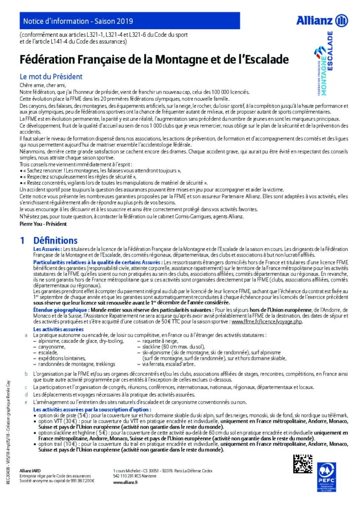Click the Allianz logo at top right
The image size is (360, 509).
pos(322,20)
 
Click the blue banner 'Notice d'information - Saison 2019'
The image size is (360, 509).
pos(75,21)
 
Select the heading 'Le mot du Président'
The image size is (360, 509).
pos(51,77)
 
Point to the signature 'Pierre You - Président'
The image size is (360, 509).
pos(42,224)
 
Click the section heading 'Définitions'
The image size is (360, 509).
pos(56,241)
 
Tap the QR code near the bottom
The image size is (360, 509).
pos(302,464)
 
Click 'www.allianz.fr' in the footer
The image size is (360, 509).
pos(125,482)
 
